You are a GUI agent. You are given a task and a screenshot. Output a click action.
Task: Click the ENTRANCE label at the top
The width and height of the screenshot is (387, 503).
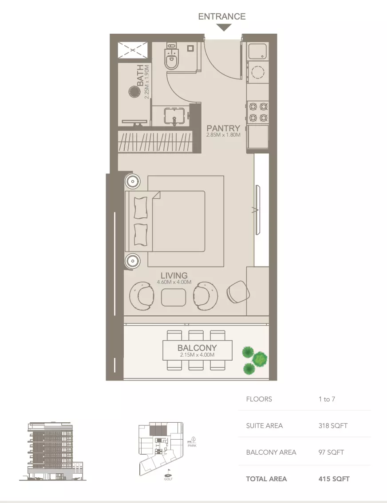coord(221,16)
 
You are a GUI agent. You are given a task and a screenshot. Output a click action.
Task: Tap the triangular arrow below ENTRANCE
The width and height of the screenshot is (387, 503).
coord(225,28)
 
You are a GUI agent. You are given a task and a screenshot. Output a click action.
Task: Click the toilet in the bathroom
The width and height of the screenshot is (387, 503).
coord(172,58)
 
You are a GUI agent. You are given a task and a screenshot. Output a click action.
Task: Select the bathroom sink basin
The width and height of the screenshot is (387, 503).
coord(174,115)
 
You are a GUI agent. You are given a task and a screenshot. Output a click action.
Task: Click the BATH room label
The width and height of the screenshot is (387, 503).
coord(140,75)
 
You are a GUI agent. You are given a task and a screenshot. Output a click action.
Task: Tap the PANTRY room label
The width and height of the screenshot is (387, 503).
coord(223,129)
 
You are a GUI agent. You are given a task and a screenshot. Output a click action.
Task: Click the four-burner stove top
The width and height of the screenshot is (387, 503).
coord(258,112)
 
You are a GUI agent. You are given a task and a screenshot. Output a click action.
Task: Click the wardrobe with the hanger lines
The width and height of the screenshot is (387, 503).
coord(155,142)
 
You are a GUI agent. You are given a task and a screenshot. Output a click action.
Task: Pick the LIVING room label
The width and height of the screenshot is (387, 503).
coord(174,275)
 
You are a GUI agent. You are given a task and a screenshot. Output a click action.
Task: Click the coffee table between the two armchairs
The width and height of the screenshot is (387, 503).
coord(174,297)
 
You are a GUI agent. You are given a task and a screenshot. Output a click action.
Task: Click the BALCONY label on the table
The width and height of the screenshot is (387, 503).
coord(197,348)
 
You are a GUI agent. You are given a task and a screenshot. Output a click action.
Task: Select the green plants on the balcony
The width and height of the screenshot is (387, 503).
coord(254,358)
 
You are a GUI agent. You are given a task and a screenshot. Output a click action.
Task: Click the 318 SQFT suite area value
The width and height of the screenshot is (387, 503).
coord(333,426)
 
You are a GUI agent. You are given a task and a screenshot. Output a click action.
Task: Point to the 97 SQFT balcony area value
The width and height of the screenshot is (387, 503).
coord(331,452)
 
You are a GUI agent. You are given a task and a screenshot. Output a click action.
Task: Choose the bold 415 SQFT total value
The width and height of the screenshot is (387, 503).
coord(334,479)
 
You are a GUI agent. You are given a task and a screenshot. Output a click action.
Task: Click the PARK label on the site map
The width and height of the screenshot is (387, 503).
coord(192,445)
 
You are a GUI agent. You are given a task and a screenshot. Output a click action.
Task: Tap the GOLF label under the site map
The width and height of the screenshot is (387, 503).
coord(168,479)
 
